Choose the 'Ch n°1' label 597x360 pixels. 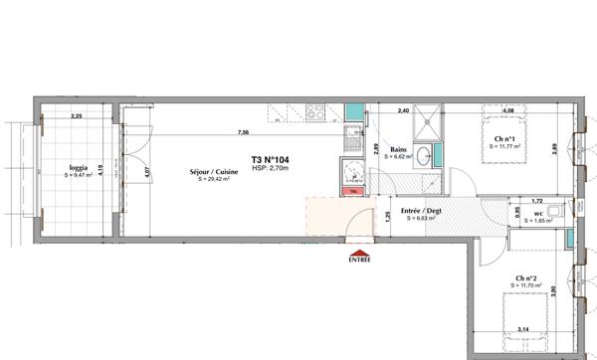pos(505,138)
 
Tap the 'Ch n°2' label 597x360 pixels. pos(527,278)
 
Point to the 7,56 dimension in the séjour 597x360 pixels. pos(243,132)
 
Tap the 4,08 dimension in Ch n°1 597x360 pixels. pos(507,111)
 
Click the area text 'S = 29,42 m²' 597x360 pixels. pos(216,180)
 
